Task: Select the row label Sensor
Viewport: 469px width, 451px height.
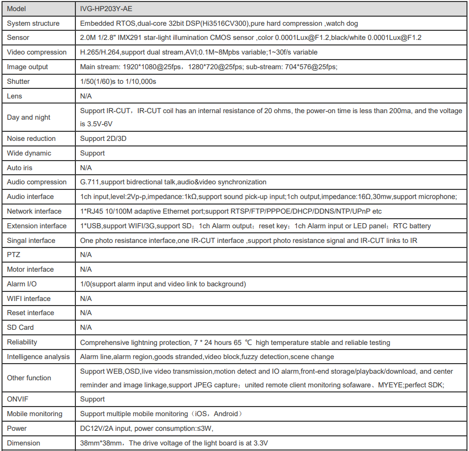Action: (x=18, y=37)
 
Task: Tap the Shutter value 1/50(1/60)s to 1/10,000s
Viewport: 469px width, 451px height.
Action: (x=118, y=81)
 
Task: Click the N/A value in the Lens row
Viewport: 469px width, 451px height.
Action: (x=86, y=96)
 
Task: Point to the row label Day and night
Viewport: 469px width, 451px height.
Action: (x=29, y=117)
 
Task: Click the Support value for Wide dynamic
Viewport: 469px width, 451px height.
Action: (x=93, y=153)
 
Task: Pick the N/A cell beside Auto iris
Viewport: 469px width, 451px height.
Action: (x=86, y=168)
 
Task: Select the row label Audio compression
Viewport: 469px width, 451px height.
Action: (x=36, y=182)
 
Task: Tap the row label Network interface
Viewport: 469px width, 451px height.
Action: (x=34, y=211)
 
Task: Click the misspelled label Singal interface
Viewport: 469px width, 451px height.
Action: (x=31, y=240)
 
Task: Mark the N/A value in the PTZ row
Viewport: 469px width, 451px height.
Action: (x=86, y=255)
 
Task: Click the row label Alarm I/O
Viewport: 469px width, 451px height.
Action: (x=22, y=284)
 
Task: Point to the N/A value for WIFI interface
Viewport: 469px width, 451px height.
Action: (x=86, y=298)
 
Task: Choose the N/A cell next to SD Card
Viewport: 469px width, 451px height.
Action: (x=86, y=327)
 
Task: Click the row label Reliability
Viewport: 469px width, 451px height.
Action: (x=22, y=342)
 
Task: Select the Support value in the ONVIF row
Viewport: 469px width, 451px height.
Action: (x=93, y=399)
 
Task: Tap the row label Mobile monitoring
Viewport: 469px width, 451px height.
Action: (x=34, y=414)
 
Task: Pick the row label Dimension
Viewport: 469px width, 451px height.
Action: (x=23, y=443)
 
